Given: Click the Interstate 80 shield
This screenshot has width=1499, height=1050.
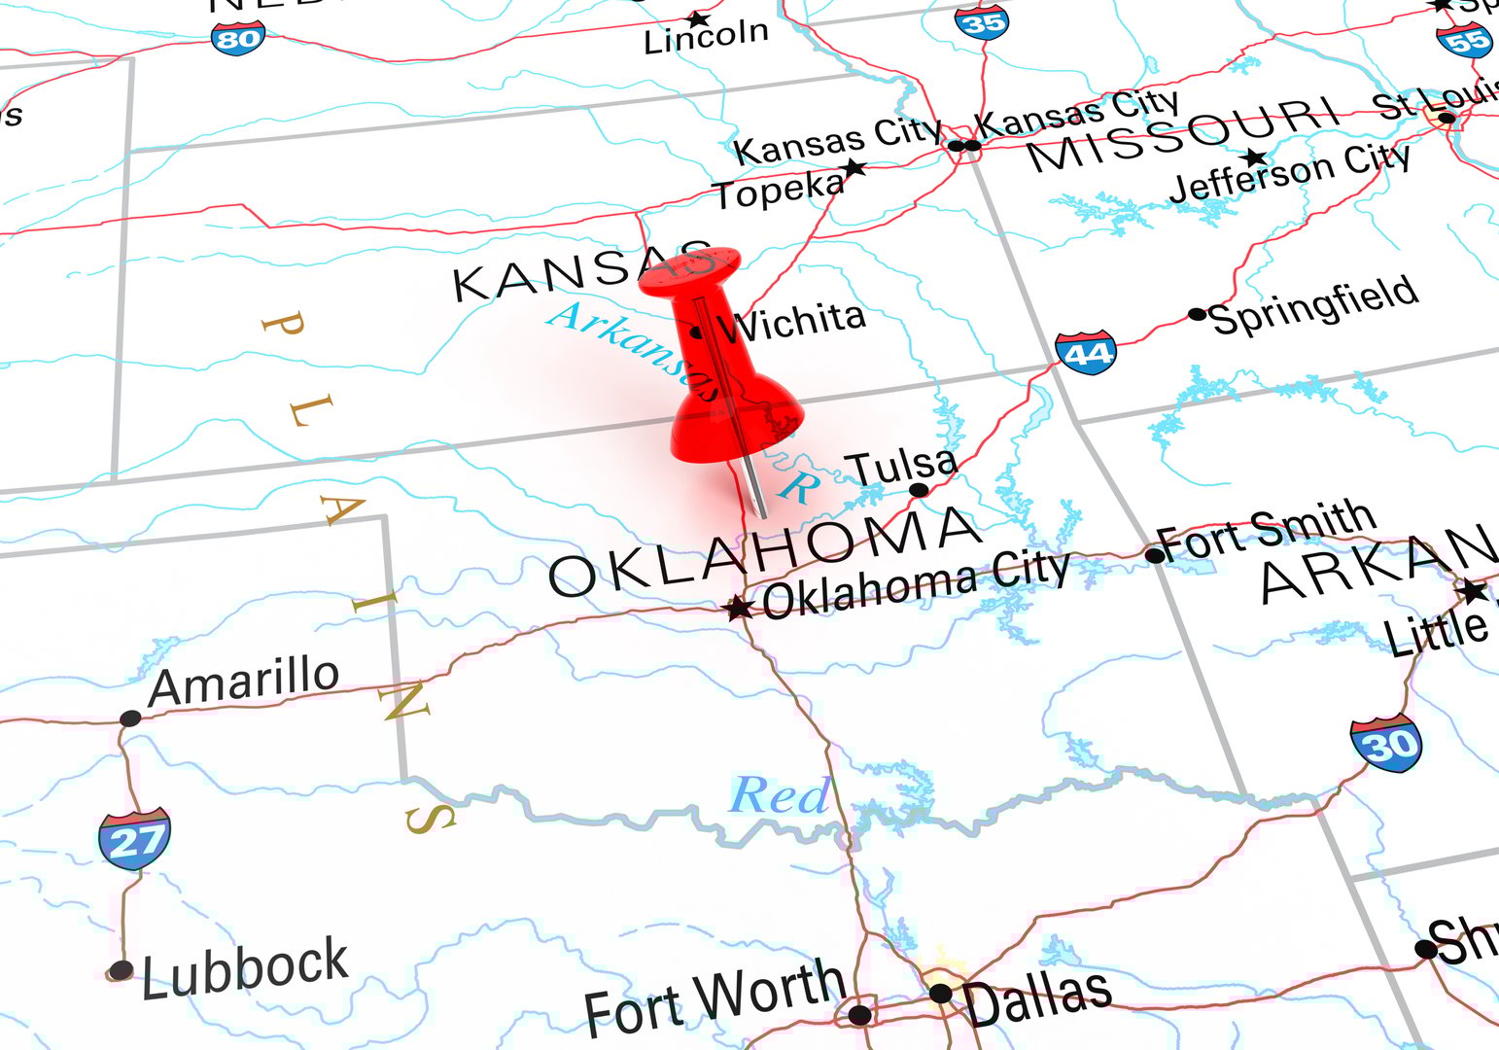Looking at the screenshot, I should (x=237, y=38).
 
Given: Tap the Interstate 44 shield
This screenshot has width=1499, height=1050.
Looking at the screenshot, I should (x=1086, y=353).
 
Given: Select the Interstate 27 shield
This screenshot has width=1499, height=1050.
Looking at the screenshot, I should (x=134, y=838).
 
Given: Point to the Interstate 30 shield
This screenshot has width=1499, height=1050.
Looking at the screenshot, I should (x=1386, y=745).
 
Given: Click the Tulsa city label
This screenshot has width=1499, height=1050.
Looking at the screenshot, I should (x=904, y=468).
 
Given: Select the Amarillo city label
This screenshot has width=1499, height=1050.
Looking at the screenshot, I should (x=244, y=681).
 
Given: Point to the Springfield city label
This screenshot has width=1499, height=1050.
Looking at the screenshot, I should (x=1313, y=304).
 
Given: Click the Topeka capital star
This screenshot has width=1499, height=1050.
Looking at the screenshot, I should (x=854, y=168).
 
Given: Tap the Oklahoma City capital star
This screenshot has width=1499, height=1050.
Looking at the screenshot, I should (x=738, y=609).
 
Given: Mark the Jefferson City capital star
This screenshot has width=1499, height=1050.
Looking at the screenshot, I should (x=1255, y=157).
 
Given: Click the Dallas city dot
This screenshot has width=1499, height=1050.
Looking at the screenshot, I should (x=940, y=993).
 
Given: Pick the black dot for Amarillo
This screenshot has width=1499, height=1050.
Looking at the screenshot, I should (x=130, y=718).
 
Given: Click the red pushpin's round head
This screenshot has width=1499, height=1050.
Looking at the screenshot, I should (x=690, y=270).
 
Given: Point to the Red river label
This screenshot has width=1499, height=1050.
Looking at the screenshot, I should (x=780, y=796).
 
